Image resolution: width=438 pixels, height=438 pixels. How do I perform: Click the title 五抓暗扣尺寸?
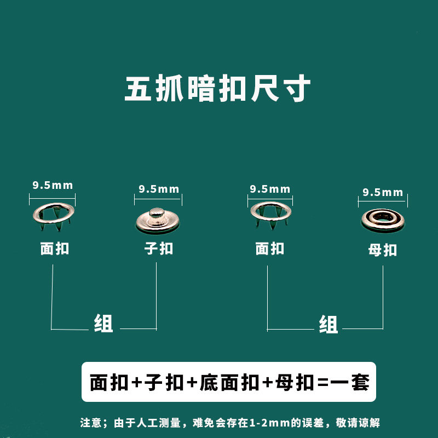pyautogui.click(x=218, y=89)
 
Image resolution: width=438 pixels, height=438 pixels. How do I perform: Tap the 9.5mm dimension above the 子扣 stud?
pyautogui.click(x=159, y=189)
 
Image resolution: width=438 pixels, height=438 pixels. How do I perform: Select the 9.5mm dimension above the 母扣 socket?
pyautogui.click(x=383, y=193)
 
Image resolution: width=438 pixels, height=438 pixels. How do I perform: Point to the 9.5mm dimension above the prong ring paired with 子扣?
pyautogui.click(x=53, y=185)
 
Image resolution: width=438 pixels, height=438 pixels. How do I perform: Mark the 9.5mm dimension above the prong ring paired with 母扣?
pyautogui.click(x=270, y=189)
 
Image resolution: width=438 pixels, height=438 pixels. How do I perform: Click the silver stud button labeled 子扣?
pyautogui.click(x=158, y=220)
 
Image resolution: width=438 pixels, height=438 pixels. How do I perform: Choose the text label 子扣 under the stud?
pyautogui.click(x=158, y=249)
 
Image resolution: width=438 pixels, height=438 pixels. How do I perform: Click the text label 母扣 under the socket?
pyautogui.click(x=382, y=250)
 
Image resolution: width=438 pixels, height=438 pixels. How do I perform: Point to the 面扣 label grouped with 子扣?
pyautogui.click(x=55, y=249)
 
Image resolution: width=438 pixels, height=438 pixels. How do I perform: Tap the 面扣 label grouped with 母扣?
pyautogui.click(x=270, y=249)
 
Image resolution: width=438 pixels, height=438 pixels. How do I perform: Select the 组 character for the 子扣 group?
pyautogui.click(x=103, y=324)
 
